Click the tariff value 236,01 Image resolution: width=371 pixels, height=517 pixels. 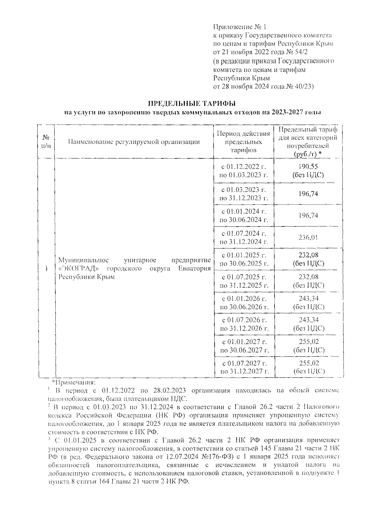pos(308,237)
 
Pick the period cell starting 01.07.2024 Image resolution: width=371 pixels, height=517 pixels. pos(244,237)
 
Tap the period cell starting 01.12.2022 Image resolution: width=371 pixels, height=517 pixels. pos(244,171)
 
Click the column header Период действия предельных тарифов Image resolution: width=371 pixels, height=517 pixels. pos(244,142)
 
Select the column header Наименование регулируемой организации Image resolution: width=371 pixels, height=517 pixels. pos(134,142)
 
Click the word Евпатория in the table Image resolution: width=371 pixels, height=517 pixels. pos(194,268)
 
